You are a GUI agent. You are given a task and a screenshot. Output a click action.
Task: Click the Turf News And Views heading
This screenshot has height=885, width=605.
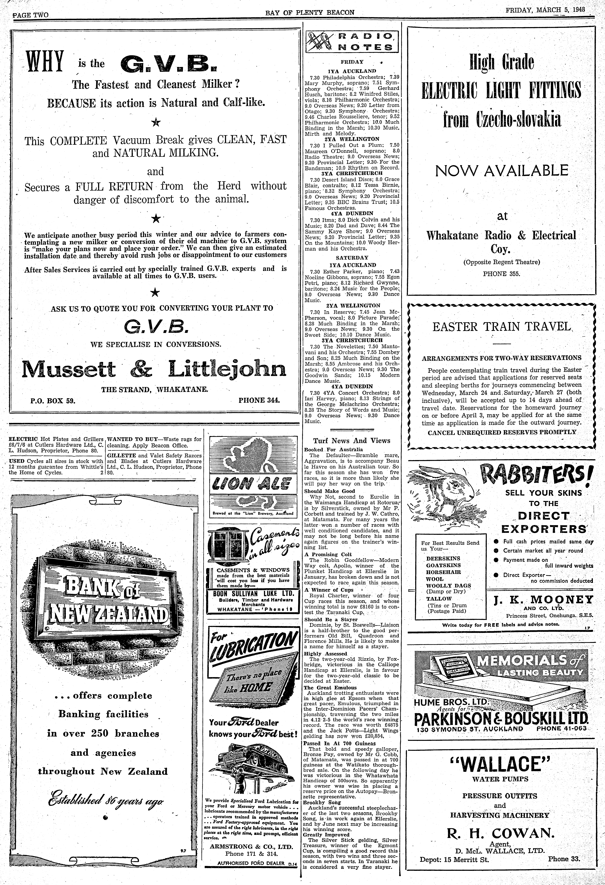[x=352, y=441]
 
